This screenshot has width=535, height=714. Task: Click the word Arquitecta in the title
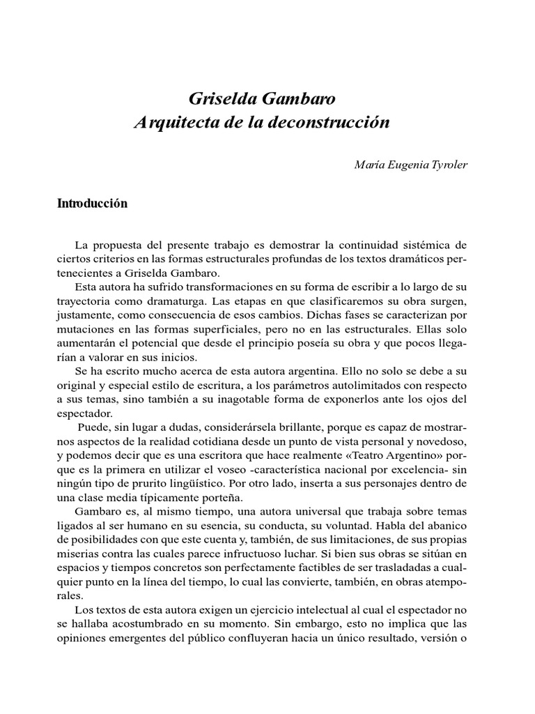tap(184, 123)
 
